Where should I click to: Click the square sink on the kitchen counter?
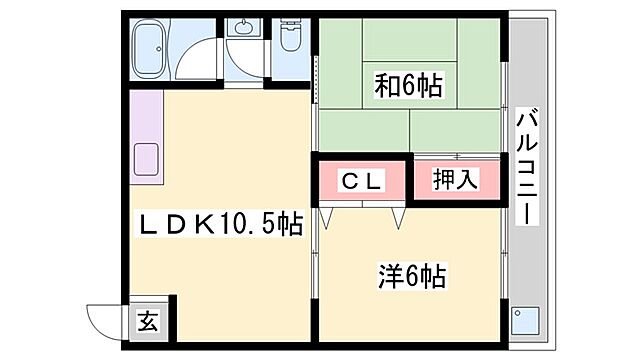click(x=147, y=160)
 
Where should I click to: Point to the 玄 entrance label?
click(x=147, y=322)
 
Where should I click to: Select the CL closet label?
click(x=361, y=181)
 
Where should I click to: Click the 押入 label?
click(x=456, y=181)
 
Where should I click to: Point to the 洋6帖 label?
click(x=412, y=272)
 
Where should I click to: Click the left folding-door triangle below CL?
click(x=327, y=216)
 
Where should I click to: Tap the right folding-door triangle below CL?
click(x=398, y=216)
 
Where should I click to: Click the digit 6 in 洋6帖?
click(x=412, y=272)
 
